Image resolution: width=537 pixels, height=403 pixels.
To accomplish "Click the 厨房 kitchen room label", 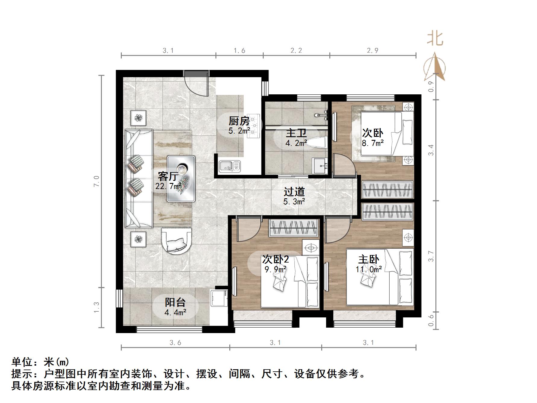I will (x=239, y=121).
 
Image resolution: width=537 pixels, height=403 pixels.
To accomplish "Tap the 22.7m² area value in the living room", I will (x=168, y=186).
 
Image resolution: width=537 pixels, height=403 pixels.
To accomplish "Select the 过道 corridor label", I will (x=294, y=192).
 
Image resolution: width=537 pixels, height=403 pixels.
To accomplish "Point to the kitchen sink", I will (x=229, y=166).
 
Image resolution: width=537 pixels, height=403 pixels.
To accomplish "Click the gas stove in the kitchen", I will (x=254, y=126).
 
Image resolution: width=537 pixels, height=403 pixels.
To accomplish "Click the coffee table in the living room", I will (x=181, y=178).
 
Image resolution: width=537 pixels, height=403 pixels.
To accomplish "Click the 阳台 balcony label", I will (x=175, y=302).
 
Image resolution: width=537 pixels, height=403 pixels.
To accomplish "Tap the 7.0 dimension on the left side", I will (x=96, y=181).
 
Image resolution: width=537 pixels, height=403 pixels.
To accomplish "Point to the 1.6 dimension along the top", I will (x=240, y=51).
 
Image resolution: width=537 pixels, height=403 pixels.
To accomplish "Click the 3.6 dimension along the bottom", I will (x=175, y=343).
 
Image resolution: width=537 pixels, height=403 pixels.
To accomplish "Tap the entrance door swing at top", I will (x=196, y=84).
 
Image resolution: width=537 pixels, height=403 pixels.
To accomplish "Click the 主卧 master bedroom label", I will (x=368, y=259).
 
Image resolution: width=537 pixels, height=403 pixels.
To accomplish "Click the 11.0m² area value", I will (x=369, y=269).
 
